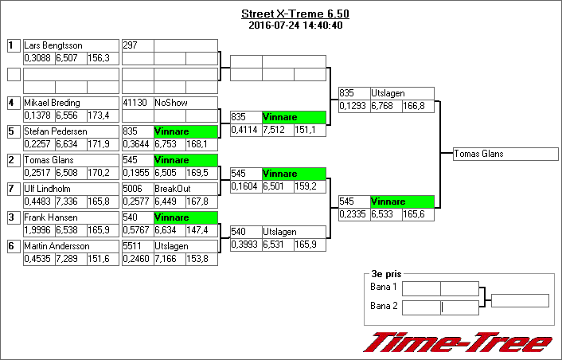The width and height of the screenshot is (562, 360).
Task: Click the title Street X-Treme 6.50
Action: point(295,14)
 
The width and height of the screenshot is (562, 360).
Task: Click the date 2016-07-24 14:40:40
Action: point(295,25)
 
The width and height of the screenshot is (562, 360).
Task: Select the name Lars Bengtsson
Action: point(53,45)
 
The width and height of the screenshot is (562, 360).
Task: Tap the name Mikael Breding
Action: point(53,103)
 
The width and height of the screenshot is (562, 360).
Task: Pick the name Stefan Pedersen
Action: point(56,131)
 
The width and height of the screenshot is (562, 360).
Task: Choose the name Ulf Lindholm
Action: point(48,189)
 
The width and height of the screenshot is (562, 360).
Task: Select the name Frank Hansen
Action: point(49,217)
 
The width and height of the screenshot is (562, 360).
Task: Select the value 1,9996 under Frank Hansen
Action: point(37,230)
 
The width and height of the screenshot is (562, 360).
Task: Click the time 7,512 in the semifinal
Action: point(277,130)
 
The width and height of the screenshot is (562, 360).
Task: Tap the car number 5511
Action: point(133,246)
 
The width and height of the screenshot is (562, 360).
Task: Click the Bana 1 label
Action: point(384,287)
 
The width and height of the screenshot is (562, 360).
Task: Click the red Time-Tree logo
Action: point(458,342)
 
